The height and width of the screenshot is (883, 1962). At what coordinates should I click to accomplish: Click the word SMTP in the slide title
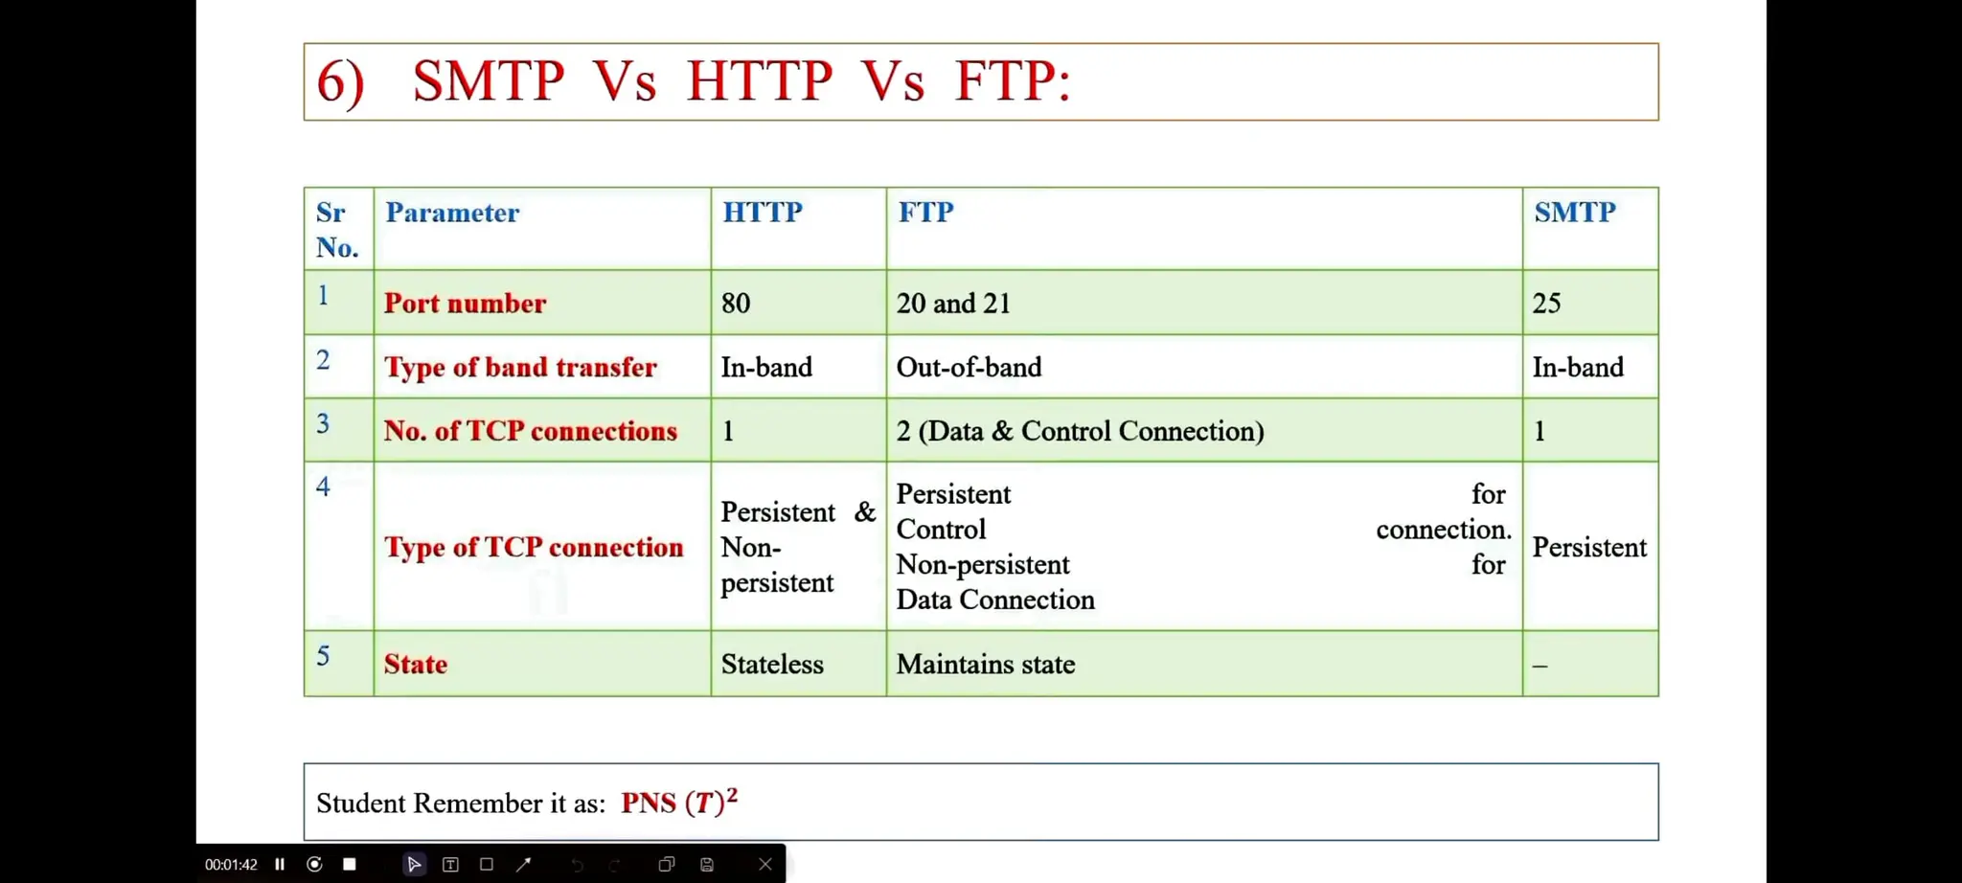pos(488,80)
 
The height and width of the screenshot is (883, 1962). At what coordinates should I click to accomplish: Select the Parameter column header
pos(452,213)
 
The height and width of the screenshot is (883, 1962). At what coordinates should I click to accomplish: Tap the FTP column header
pos(925,212)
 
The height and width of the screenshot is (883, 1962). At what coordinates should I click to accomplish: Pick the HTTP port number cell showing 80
pos(736,304)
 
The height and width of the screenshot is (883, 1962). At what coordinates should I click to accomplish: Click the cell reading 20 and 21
pos(953,304)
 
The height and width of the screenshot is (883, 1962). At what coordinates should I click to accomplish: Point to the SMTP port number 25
pos(1546,304)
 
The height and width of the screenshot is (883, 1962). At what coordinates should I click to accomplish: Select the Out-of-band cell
pos(969,368)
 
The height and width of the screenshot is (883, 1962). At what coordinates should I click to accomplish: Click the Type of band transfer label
pos(520,368)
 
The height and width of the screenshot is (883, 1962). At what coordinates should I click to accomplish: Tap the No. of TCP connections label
pos(530,431)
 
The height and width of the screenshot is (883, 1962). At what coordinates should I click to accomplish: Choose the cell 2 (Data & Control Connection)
pos(1080,431)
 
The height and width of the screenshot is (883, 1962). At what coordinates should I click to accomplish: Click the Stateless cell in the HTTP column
pos(772,665)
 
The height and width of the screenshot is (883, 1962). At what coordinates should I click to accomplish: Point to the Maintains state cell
pos(985,665)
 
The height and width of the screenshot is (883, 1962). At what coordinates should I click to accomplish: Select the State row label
pos(416,665)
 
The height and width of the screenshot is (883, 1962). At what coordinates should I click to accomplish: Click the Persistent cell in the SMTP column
pos(1589,548)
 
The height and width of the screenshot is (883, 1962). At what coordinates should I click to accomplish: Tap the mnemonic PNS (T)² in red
pos(678,802)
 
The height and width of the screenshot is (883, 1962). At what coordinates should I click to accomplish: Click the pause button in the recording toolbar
pos(280,864)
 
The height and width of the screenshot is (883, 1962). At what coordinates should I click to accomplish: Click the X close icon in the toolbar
pos(764,864)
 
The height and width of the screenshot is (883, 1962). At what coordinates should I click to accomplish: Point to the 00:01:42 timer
pos(231,864)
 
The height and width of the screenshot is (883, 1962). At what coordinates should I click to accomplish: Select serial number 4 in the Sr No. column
pos(323,487)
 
